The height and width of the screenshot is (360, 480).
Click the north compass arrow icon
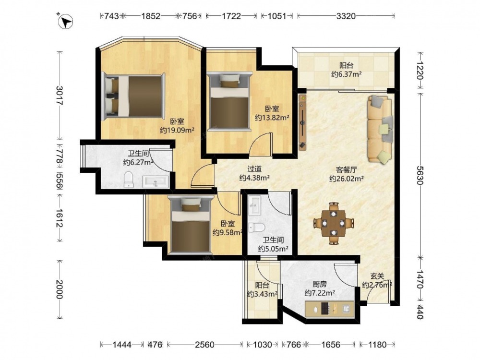(65, 22)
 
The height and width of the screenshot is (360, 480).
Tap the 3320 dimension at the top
(346, 16)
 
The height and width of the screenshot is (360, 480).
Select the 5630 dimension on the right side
(420, 175)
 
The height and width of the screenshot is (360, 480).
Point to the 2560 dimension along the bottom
(204, 344)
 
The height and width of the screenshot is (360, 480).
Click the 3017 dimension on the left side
(60, 96)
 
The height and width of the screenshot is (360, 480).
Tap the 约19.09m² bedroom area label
(177, 131)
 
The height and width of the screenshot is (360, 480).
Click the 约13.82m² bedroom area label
(272, 118)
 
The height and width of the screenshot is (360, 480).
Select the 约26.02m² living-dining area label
(346, 179)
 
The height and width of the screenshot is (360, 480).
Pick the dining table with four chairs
(334, 223)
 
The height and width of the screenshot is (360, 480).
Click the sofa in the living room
(380, 128)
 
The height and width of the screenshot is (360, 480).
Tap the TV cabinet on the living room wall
(302, 122)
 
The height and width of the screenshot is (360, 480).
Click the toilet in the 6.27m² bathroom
(129, 180)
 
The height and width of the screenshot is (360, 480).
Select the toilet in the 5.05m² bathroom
(256, 227)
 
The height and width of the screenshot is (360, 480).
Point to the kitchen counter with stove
(329, 309)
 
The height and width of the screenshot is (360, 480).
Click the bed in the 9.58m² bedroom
(191, 225)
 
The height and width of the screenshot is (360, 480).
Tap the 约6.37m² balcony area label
(346, 74)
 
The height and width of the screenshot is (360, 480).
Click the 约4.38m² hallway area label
(254, 178)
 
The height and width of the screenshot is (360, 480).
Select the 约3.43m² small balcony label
(263, 294)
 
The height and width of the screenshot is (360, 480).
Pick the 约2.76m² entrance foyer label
(377, 285)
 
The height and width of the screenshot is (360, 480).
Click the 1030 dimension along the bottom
(263, 344)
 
